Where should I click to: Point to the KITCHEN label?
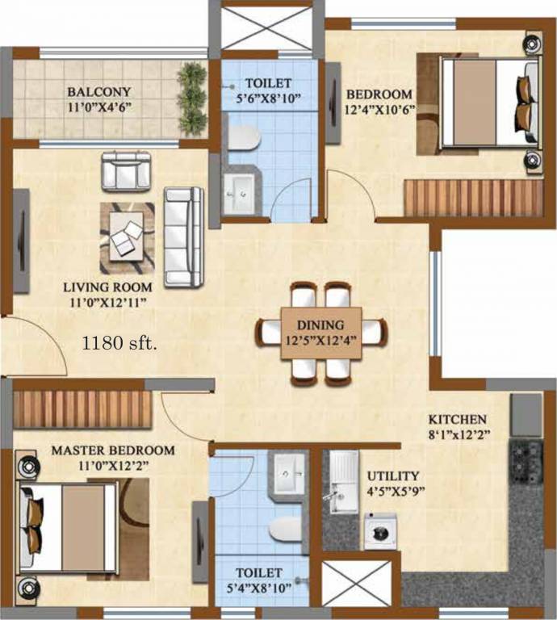coord(457,419)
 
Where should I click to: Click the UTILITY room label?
coord(393,476)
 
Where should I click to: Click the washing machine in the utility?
coord(379,534)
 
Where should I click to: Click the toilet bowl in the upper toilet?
coord(241,139)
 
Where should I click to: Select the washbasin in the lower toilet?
coord(286,468)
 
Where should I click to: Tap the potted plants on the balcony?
coord(192,96)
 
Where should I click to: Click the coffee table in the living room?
coord(126,237)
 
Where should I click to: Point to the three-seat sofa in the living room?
coord(182,236)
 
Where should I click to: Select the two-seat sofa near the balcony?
coord(126,170)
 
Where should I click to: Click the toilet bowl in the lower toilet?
coord(283,529)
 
